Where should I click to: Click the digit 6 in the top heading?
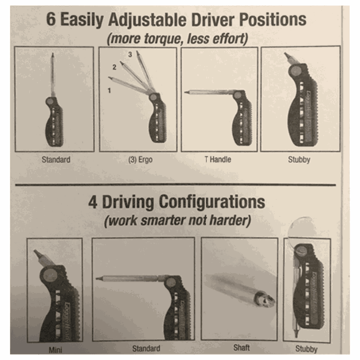click(51, 19)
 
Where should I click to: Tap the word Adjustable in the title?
click(147, 20)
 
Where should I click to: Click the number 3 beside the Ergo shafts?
click(130, 54)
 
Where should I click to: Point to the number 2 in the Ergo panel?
click(114, 67)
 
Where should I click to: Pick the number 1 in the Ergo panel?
click(109, 90)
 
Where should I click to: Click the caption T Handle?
click(218, 159)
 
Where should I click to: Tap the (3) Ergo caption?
click(140, 160)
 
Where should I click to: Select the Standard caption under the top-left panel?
click(56, 160)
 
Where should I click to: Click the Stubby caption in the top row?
click(299, 160)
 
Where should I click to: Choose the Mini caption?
click(55, 350)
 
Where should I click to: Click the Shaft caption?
click(241, 348)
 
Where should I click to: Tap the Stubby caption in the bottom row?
click(306, 349)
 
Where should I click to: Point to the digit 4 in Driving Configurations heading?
click(93, 202)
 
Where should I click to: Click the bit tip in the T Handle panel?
click(186, 92)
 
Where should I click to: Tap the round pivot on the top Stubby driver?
click(295, 71)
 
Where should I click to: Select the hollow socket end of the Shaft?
click(265, 299)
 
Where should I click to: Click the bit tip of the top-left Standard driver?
click(53, 55)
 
